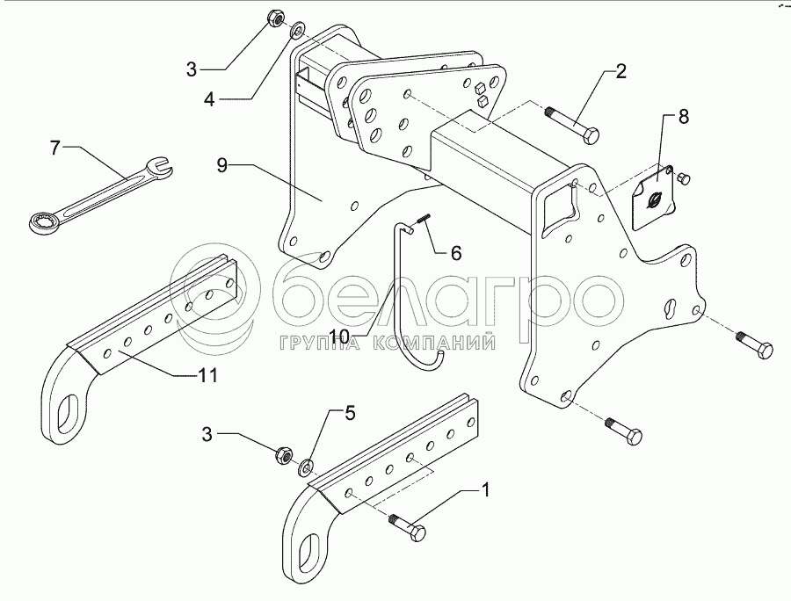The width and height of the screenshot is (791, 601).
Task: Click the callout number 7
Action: tap(55, 148)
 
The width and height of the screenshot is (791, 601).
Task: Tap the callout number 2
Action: tap(620, 71)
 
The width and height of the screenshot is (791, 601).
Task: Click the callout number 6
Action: tap(455, 253)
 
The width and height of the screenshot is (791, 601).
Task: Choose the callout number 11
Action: tap(207, 375)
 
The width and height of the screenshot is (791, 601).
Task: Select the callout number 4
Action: tap(208, 99)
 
